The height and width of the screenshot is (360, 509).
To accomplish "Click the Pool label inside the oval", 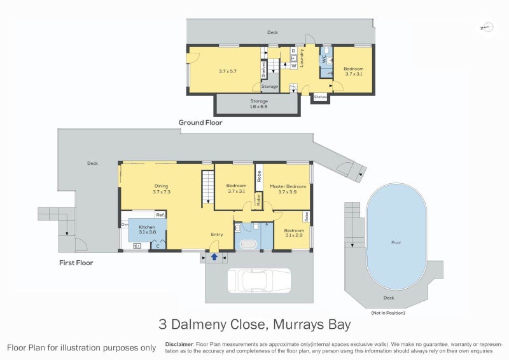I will (x=395, y=243).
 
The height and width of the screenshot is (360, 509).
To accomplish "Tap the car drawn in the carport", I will (x=259, y=280).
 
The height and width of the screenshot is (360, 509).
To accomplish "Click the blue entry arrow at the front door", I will (x=214, y=257).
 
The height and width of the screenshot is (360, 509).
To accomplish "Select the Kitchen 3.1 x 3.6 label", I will (x=147, y=230).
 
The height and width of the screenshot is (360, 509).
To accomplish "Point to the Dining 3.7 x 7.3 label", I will (x=161, y=189).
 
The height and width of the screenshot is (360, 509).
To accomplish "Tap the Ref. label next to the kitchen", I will (x=160, y=215).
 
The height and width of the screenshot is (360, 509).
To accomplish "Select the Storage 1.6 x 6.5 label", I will (x=259, y=104).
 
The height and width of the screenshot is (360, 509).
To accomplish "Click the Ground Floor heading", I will (x=200, y=122).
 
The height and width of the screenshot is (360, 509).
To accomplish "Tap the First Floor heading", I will (x=76, y=262).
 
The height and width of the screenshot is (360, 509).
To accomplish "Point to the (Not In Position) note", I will (x=387, y=313).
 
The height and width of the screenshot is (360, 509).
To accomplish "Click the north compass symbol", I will (x=486, y=27).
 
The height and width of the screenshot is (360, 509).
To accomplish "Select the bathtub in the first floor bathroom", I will (x=247, y=244).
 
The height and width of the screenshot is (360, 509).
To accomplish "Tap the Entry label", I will (x=217, y=235).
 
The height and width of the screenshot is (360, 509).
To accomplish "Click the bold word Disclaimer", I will (x=179, y=344).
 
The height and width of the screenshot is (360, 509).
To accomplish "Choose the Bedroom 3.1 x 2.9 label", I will (x=294, y=233).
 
